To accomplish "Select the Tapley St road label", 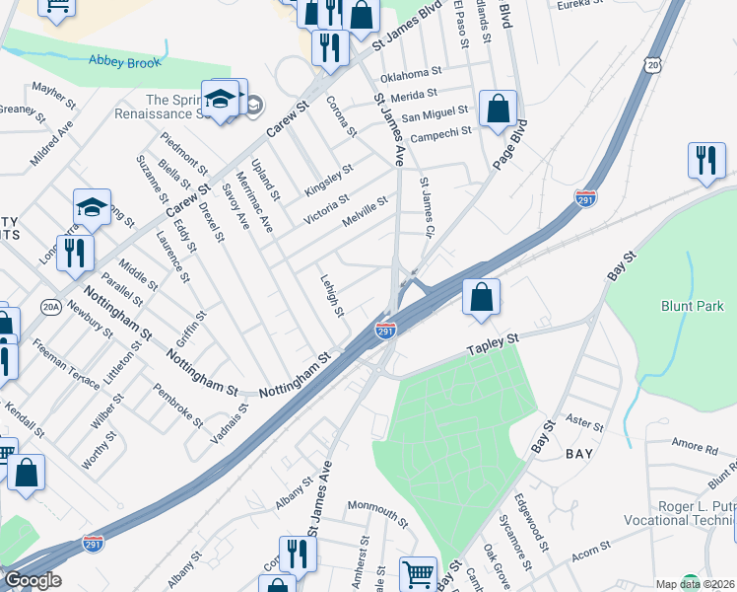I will [493, 340].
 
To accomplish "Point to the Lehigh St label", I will [331, 295].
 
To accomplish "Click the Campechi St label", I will [439, 133].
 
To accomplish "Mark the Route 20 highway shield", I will [654, 63].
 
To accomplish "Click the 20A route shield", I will [51, 308].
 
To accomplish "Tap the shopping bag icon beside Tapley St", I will [481, 297].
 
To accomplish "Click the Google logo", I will [32, 580].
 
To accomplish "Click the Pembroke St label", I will [177, 404].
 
